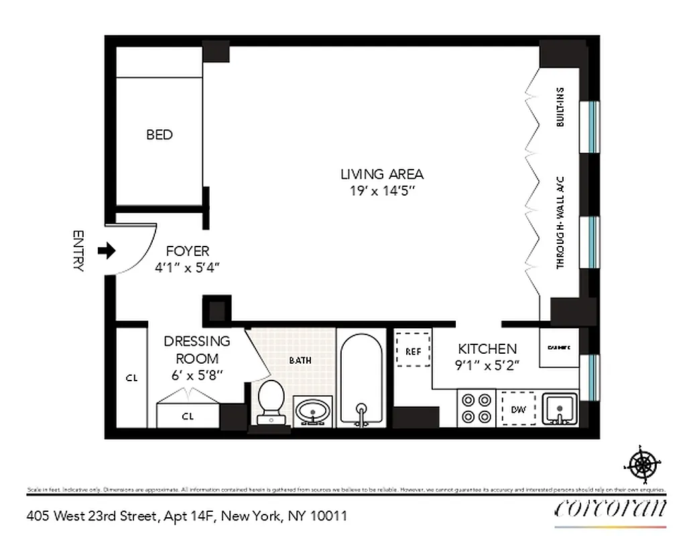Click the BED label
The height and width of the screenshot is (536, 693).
(160, 135)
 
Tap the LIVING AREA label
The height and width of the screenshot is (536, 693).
(382, 174)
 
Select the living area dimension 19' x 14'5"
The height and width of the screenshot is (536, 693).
(382, 191)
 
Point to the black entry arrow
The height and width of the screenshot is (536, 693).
(107, 251)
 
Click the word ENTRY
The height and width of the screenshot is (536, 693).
(78, 251)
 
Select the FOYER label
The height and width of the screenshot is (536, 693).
(188, 251)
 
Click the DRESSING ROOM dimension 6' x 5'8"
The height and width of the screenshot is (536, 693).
(197, 375)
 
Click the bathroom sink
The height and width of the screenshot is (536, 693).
(312, 410)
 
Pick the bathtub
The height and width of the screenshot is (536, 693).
(361, 379)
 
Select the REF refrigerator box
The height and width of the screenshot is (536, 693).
(413, 350)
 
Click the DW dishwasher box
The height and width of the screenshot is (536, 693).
(518, 408)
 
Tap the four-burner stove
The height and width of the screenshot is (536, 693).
(475, 408)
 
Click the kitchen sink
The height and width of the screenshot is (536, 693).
(558, 409)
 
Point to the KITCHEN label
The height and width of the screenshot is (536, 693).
(487, 348)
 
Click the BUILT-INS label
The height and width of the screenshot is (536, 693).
(560, 107)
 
